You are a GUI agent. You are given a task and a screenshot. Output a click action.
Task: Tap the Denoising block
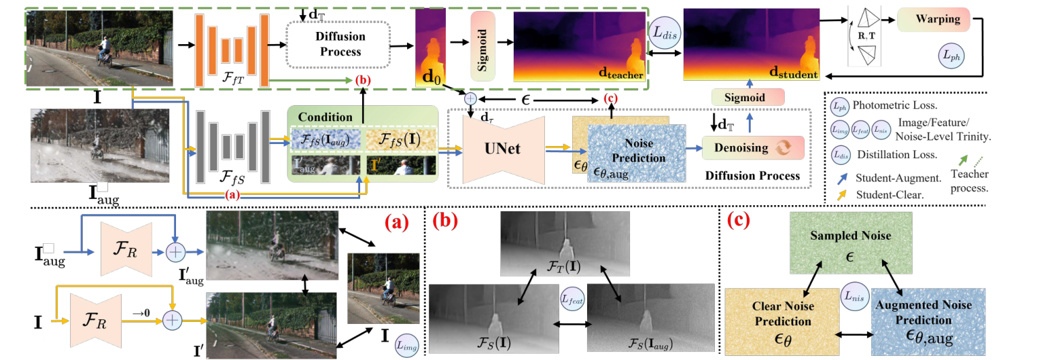[x=752, y=147]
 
